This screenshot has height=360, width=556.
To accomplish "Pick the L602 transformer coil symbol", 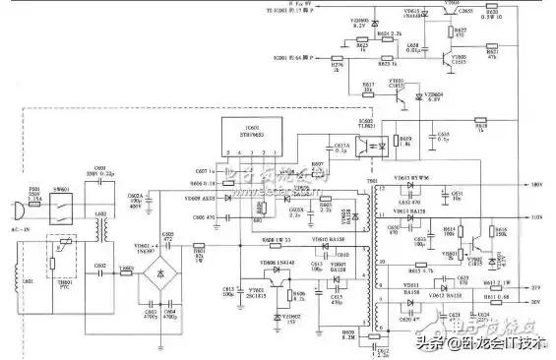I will click(x=100, y=228).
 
